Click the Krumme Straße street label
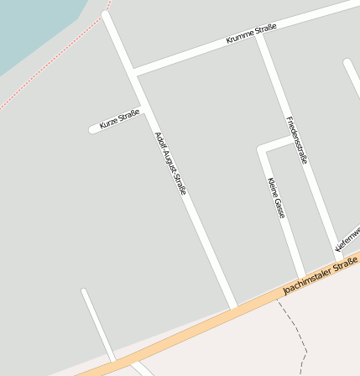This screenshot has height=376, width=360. tap(251, 34)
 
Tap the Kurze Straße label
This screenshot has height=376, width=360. tap(118, 120)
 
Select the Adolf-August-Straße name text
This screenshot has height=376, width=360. tap(170, 164)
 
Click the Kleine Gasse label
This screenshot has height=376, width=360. tap(276, 197)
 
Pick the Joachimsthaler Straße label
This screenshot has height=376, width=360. tap(321, 277)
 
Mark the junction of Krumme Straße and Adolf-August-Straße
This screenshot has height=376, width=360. tap(133, 71)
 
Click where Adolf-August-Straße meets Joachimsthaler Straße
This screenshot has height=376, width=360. tap(234, 306)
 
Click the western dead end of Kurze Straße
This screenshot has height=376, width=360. tap(93, 129)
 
